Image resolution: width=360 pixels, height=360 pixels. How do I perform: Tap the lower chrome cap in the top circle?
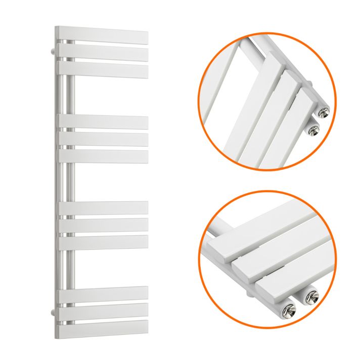pos(313,130)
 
